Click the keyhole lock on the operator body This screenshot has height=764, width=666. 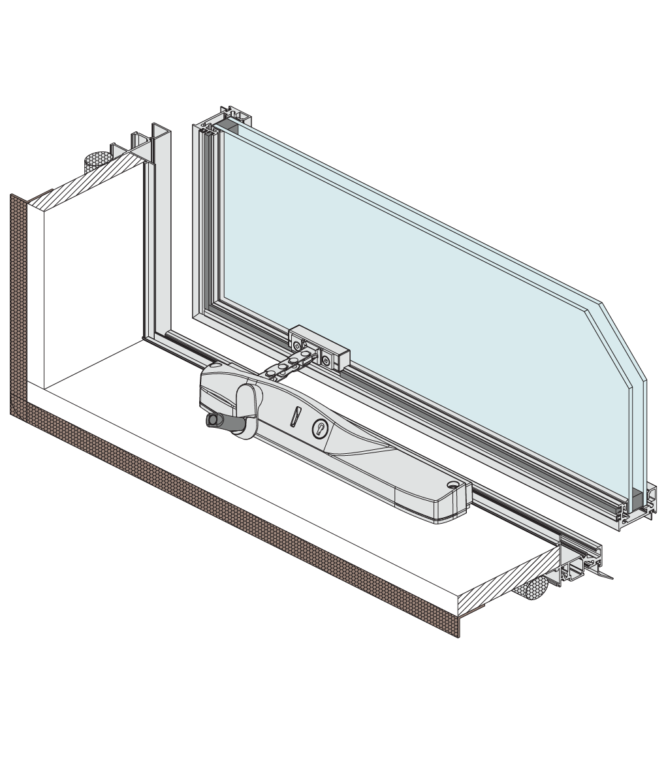click(x=320, y=427)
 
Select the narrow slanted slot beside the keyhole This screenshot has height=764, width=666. click(x=295, y=416)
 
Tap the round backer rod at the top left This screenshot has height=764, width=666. click(x=97, y=163)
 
